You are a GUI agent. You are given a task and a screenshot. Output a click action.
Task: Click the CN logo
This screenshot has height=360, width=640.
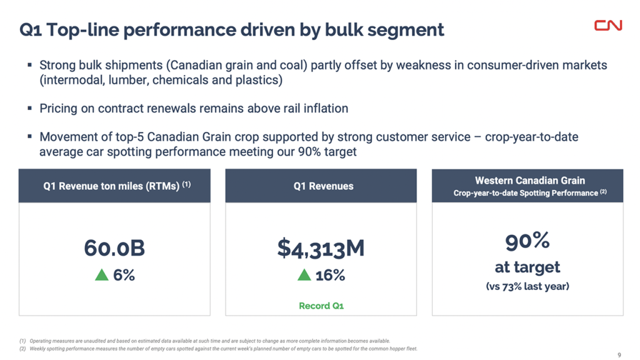coord(607,25)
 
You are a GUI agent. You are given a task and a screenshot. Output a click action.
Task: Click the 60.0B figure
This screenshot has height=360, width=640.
coord(114,248)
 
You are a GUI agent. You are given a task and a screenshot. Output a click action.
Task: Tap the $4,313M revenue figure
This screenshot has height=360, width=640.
coord(321,248)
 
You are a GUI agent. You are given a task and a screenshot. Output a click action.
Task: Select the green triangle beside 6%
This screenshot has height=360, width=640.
coord(101,275)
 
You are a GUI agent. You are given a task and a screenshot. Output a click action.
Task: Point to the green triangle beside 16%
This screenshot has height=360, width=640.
coord(304,275)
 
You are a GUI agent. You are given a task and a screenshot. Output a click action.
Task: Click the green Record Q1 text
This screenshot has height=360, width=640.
coord(321,306)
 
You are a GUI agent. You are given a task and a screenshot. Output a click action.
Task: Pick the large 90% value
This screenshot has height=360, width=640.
coord(527,240)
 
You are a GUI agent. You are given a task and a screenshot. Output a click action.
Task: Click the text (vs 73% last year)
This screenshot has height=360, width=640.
coord(527,286)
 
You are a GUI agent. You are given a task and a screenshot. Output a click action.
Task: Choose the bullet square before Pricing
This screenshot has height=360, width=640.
coord(29,108)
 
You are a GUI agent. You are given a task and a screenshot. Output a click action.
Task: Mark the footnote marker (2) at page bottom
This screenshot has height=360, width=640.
coord(23,348)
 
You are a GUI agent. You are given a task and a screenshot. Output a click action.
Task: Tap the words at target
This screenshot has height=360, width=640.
coord(527,267)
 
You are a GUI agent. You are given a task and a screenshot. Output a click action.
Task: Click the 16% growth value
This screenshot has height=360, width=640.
coord(330,275)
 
